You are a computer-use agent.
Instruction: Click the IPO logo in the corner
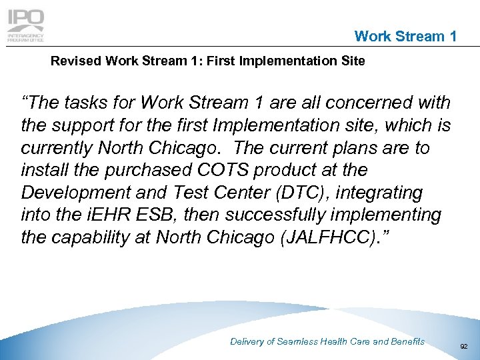25,26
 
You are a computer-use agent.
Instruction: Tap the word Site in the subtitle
353,61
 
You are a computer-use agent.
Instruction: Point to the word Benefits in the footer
408,341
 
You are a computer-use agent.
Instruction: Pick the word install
43,171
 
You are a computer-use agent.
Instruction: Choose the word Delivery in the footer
247,341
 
